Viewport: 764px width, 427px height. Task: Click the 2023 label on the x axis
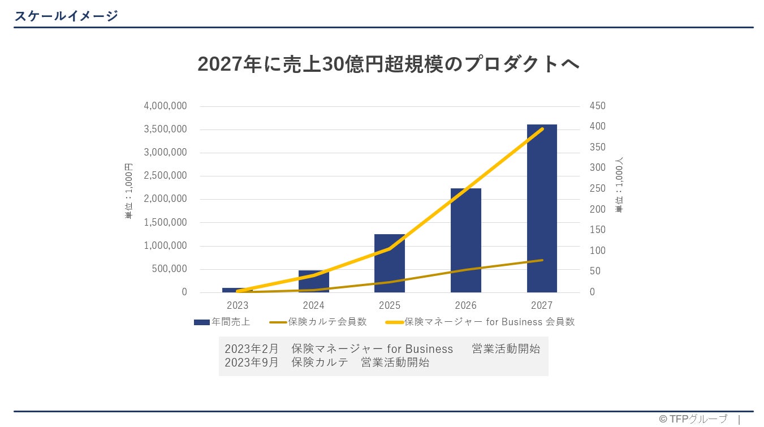[238, 305]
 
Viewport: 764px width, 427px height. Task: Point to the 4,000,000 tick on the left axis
[165, 106]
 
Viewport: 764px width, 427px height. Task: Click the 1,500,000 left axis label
[165, 222]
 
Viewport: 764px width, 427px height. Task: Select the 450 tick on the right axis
[597, 106]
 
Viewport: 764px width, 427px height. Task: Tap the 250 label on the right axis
[597, 188]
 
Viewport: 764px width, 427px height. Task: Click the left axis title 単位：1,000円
[129, 191]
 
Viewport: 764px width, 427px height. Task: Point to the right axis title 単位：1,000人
[619, 185]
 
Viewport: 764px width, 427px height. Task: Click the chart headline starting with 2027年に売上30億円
[389, 64]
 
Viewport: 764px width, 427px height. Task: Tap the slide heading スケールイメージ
[66, 16]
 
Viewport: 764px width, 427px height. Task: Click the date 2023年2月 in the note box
[252, 348]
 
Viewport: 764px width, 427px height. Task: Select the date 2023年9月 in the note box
[252, 363]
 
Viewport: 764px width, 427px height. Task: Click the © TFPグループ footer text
[693, 419]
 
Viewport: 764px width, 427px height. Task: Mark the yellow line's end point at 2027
[542, 129]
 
